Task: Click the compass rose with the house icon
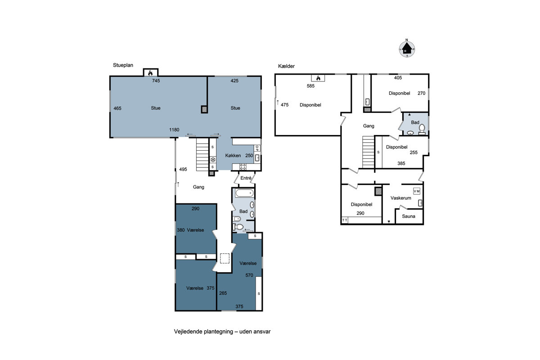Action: point(407,49)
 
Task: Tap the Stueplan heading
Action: point(123,65)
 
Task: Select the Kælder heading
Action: point(286,66)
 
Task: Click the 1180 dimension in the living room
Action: point(174,130)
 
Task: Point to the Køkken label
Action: point(233,156)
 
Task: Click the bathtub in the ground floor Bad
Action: point(244,193)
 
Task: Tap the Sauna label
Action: point(409,216)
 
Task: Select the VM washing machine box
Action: point(417,191)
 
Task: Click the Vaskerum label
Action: point(400,198)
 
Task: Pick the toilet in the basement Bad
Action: point(422,129)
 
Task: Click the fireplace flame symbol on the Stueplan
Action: point(150,73)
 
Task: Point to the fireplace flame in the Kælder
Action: point(318,78)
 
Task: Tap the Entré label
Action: point(246,178)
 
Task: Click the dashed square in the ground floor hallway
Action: point(225,258)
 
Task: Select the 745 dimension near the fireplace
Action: point(156,81)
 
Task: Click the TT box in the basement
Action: point(345,220)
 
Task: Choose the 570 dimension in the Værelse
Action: point(249,275)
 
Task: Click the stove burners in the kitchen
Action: point(243,167)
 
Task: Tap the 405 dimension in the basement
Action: point(398,78)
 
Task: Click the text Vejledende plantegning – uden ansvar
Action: point(222,332)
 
